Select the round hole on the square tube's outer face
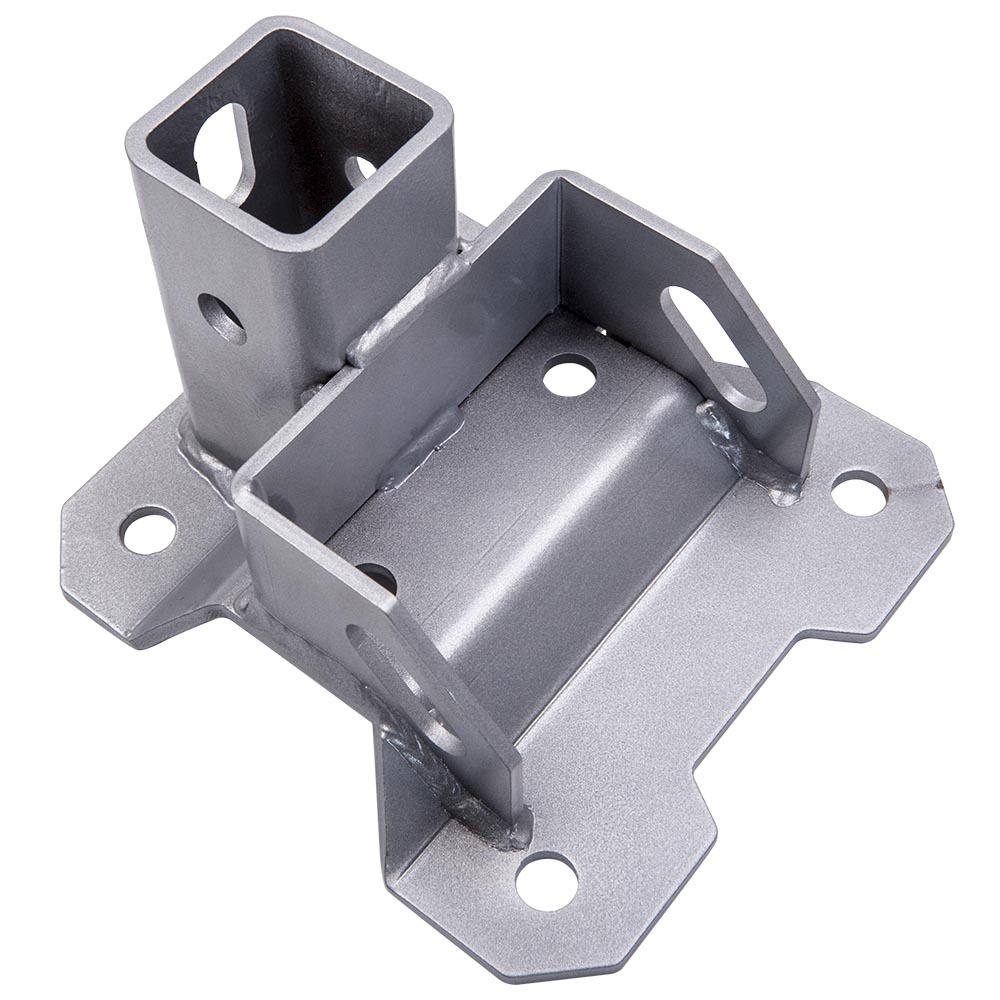(221, 318)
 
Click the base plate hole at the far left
(148, 529)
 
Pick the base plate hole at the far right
(859, 493)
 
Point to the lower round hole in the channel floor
(377, 577)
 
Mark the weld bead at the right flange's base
(745, 450)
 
